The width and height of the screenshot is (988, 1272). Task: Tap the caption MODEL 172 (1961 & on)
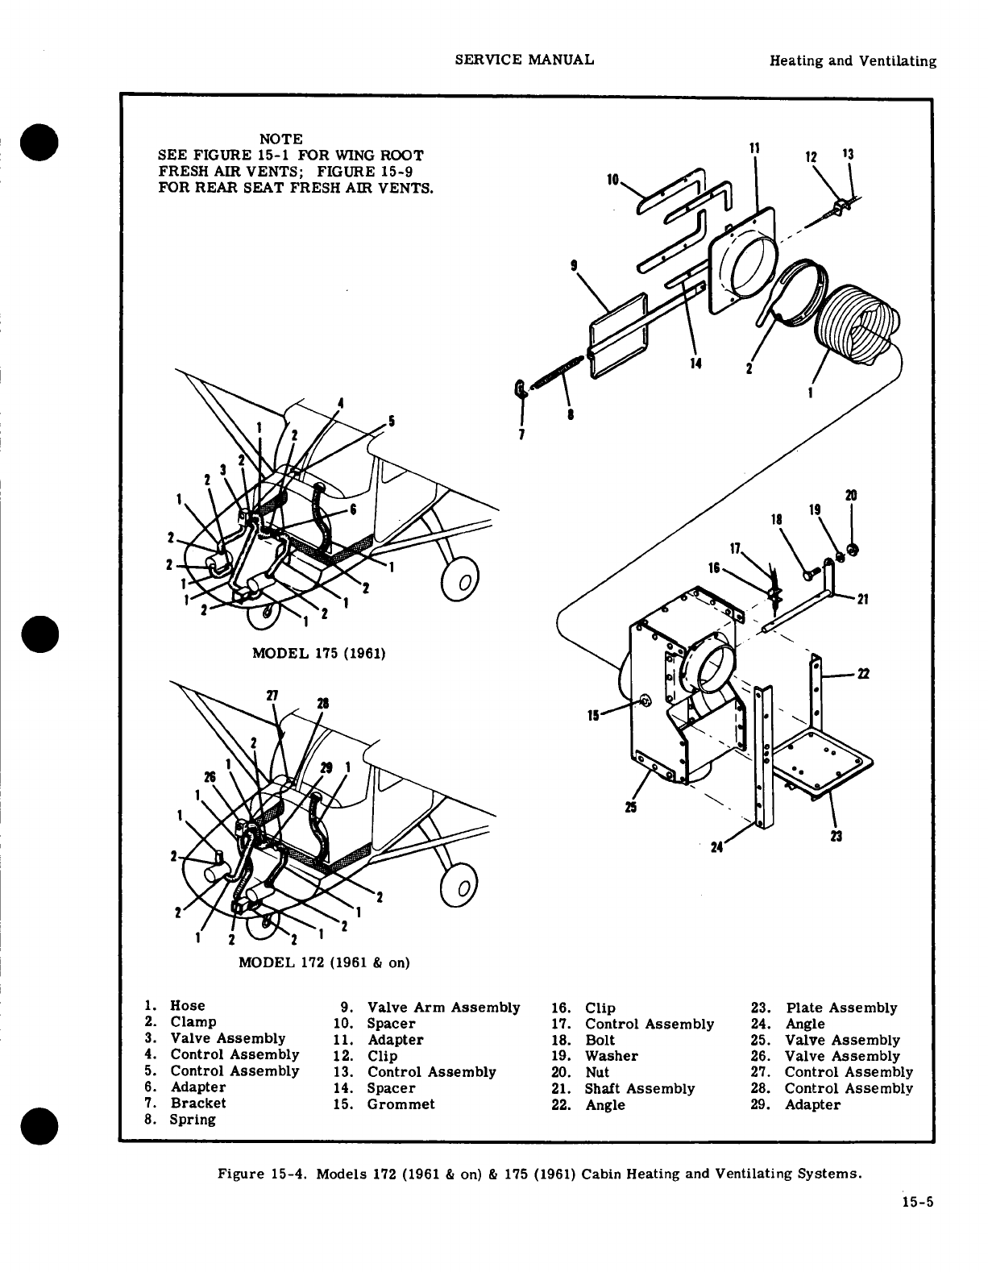[324, 962]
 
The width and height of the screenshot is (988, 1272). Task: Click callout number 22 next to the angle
[862, 674]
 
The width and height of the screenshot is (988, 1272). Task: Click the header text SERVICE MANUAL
[525, 60]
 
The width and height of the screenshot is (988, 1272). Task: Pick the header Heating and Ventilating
[853, 61]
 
